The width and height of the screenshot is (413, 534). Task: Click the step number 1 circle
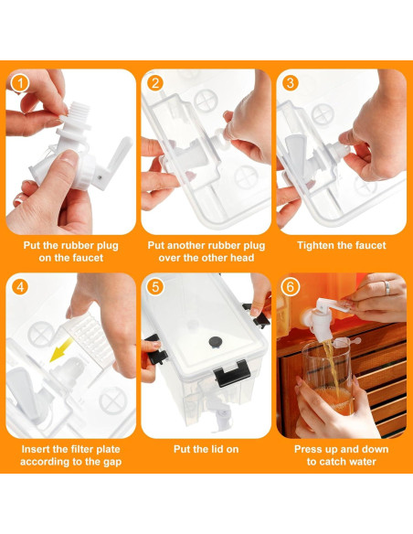[20, 83]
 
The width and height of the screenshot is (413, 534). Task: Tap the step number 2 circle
[155, 83]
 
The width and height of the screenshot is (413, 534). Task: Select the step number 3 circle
[291, 83]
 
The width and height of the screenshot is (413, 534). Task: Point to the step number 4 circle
[20, 287]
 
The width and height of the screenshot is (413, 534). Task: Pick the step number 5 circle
[155, 287]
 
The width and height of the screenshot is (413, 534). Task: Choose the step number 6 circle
[291, 287]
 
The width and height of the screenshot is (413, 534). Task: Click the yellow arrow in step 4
[61, 350]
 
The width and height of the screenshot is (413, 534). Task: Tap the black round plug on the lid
[215, 342]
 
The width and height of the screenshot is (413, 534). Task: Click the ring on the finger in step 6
[387, 288]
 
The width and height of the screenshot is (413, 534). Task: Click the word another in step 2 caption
[185, 246]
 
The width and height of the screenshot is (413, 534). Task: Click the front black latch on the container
[233, 373]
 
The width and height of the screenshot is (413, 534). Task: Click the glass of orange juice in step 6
[327, 378]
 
